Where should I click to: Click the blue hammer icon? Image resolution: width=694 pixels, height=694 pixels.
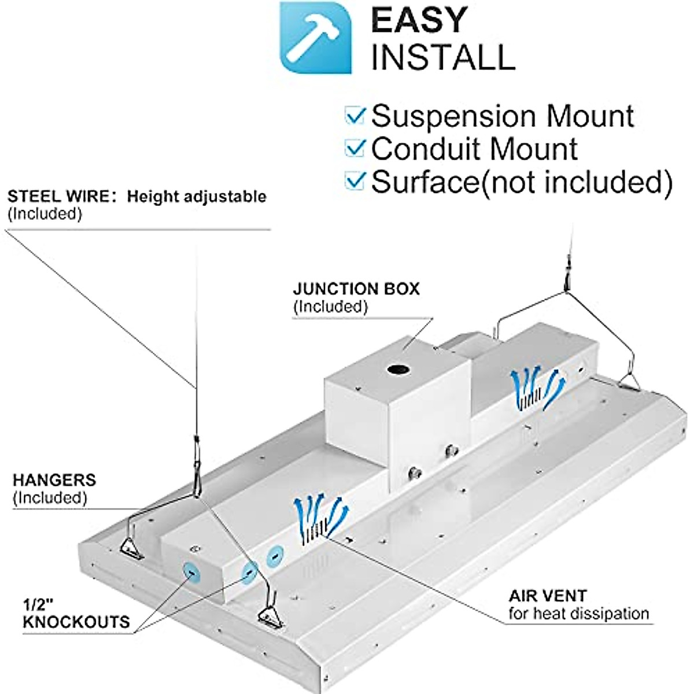pyautogui.click(x=316, y=38)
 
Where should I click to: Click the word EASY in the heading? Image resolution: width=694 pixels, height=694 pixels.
pyautogui.click(x=419, y=20)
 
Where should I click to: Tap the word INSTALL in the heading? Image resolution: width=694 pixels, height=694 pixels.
pyautogui.click(x=442, y=56)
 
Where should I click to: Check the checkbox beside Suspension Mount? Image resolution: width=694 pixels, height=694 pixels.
pyautogui.click(x=355, y=116)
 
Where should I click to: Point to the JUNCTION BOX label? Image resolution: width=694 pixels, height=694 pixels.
pyautogui.click(x=356, y=289)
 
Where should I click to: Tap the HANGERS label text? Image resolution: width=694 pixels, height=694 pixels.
pyautogui.click(x=54, y=479)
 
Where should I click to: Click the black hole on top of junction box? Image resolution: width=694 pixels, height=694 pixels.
pyautogui.click(x=398, y=368)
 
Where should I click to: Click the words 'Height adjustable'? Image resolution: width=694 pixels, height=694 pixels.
pyautogui.click(x=197, y=196)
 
